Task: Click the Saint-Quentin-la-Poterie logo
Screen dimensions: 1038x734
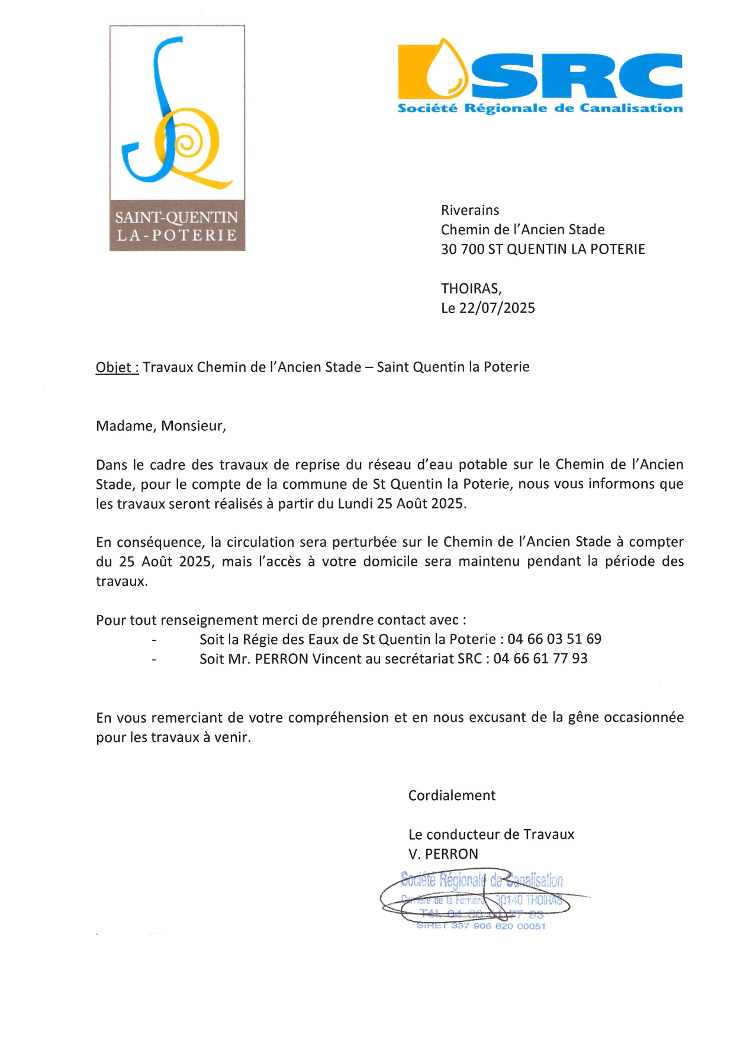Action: click(x=177, y=137)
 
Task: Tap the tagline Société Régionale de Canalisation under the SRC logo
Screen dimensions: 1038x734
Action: click(x=540, y=108)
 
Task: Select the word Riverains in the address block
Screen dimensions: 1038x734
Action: click(x=470, y=210)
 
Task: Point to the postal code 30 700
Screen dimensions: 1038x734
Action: click(x=462, y=249)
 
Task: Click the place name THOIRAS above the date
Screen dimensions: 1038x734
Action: click(x=470, y=289)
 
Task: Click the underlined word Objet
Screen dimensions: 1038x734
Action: click(x=116, y=367)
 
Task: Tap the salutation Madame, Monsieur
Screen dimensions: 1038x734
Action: click(x=160, y=426)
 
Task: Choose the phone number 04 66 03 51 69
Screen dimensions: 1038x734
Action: click(x=554, y=639)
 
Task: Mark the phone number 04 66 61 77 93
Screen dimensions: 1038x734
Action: click(x=540, y=659)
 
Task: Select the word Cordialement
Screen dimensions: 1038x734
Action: click(x=452, y=795)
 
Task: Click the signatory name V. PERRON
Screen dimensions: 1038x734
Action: click(x=443, y=854)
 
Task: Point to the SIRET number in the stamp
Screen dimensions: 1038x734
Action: click(x=498, y=926)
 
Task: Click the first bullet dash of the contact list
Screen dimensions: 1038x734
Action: click(x=154, y=640)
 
